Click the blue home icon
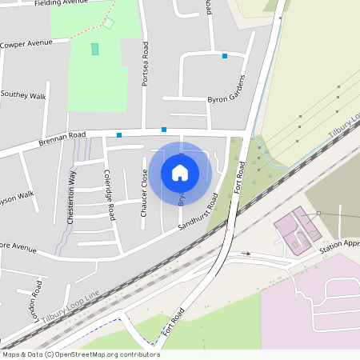tap(180, 171)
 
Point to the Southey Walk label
tap(24, 94)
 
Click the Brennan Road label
tap(62, 139)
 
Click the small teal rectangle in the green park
tap(95, 49)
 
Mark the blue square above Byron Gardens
tap(225, 56)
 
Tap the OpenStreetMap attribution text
tap(81, 354)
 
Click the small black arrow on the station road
tap(247, 254)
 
